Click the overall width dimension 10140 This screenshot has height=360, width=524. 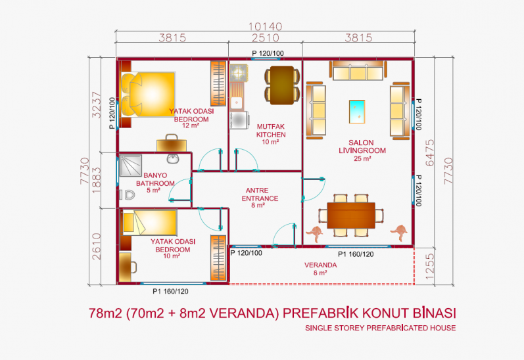266,26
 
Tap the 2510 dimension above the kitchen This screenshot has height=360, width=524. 266,37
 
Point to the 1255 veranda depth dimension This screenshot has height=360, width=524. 430,267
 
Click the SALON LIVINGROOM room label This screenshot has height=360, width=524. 362,150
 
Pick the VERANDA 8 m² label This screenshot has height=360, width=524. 320,269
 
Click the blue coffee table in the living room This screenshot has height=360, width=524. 357,112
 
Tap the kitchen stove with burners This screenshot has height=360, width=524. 239,72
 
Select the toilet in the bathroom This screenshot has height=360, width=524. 128,194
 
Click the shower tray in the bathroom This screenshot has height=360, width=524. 130,166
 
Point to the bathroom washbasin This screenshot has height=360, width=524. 173,158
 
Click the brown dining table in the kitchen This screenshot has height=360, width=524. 282,85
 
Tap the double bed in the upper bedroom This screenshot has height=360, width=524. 148,95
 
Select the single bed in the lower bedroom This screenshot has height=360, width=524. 149,223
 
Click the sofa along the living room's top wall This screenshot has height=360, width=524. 358,70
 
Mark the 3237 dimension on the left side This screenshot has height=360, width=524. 96,104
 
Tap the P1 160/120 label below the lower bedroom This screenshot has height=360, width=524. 170,291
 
